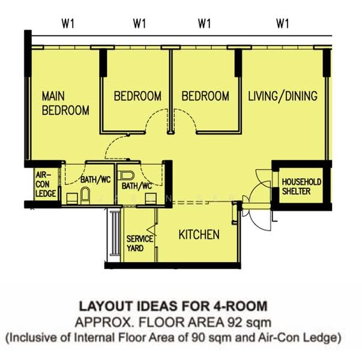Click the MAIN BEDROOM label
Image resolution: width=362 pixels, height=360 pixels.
pyautogui.click(x=65, y=103)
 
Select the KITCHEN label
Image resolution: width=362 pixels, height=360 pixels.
pyautogui.click(x=199, y=235)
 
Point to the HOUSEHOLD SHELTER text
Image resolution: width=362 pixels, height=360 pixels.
pyautogui.click(x=301, y=187)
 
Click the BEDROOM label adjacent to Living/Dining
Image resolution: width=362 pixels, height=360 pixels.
pyautogui.click(x=205, y=96)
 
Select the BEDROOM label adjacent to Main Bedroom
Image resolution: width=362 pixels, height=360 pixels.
pyautogui.click(x=137, y=96)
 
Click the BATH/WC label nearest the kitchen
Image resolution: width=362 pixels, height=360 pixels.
pyautogui.click(x=136, y=187)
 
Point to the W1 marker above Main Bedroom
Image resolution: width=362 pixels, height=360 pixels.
pyautogui.click(x=67, y=24)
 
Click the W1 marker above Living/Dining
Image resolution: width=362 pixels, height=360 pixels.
pyautogui.click(x=282, y=24)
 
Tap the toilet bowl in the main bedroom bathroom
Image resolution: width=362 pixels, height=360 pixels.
pyautogui.click(x=85, y=195)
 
